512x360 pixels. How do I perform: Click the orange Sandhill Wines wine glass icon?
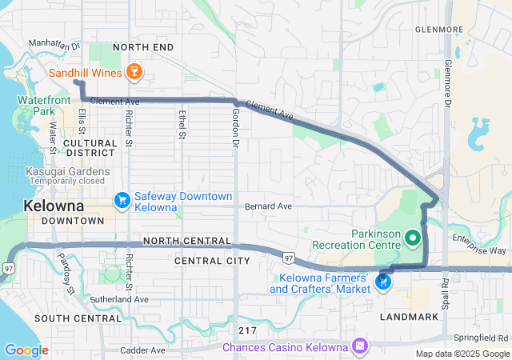pyautogui.click(x=134, y=73)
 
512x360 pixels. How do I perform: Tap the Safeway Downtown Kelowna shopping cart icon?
pyautogui.click(x=122, y=199)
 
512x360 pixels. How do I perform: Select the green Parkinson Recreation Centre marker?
pyautogui.click(x=413, y=238)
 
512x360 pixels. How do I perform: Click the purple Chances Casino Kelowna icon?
pyautogui.click(x=360, y=346)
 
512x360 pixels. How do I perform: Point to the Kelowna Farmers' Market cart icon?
pyautogui.click(x=383, y=282)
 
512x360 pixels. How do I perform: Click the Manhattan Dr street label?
pyautogui.click(x=54, y=45)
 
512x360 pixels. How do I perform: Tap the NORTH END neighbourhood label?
pyautogui.click(x=143, y=48)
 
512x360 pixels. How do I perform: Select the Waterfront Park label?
pyautogui.click(x=39, y=106)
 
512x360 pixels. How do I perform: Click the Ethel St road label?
pyautogui.click(x=182, y=126)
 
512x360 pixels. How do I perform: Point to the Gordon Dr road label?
pyautogui.click(x=236, y=133)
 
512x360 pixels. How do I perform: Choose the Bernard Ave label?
pyautogui.click(x=268, y=206)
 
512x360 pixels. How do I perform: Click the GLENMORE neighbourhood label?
pyautogui.click(x=438, y=30)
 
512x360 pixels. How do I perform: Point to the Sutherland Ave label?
pyautogui.click(x=119, y=299)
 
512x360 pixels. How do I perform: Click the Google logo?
pyautogui.click(x=26, y=350)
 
